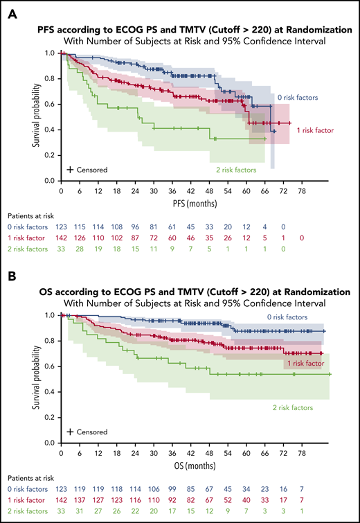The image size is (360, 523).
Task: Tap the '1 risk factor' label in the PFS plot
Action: pos(315,130)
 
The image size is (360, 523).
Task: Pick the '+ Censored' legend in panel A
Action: pos(87,169)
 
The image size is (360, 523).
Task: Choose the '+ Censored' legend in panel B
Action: pos(87,431)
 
